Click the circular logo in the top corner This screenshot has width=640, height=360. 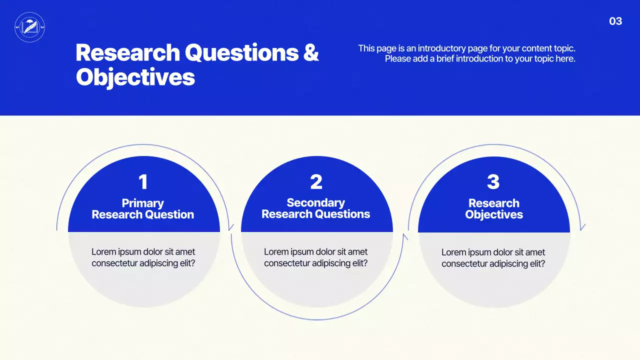pos(30,27)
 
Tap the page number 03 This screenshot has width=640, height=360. pos(615,21)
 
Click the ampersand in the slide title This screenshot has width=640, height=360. pos(311,52)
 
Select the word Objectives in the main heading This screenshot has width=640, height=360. pos(135,77)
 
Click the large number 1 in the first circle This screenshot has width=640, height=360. pos(143,182)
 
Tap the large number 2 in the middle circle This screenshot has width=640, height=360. pos(316,182)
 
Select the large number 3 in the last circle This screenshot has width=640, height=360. pos(493,182)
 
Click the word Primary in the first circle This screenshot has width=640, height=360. pos(143,203)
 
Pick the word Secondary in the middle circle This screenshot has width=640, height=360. pos(315,202)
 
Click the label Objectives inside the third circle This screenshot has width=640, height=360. pos(494,214)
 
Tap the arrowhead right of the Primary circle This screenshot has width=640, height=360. pos(230,227)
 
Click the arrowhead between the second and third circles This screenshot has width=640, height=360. pos(405,236)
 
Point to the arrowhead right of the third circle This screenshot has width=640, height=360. pos(582,227)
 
